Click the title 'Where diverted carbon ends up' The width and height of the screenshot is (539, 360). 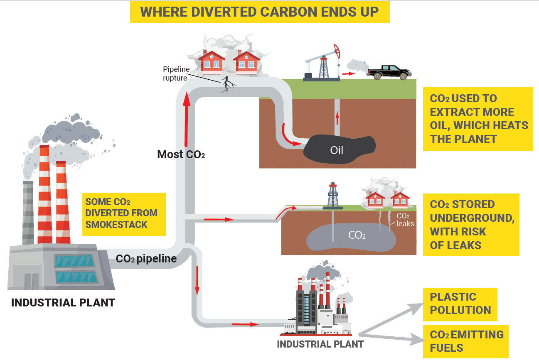point(259,12)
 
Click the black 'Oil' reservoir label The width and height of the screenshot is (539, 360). point(337,150)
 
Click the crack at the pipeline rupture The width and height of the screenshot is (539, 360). point(227,85)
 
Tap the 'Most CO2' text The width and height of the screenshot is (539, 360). point(181,154)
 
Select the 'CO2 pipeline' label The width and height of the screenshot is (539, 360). point(146,259)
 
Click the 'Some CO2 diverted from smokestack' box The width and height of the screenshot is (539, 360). point(123,213)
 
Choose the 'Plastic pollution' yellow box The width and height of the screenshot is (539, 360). point(460,304)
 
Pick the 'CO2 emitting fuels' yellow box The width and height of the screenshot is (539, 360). point(466,341)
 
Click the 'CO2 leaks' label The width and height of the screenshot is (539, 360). point(405,220)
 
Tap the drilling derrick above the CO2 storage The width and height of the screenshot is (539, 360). point(332,196)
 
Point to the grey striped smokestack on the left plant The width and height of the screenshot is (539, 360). point(28,212)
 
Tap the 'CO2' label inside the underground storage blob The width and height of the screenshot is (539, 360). point(357,235)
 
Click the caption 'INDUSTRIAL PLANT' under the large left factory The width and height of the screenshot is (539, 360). point(63,303)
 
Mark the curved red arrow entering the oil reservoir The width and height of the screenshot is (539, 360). point(288,136)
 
